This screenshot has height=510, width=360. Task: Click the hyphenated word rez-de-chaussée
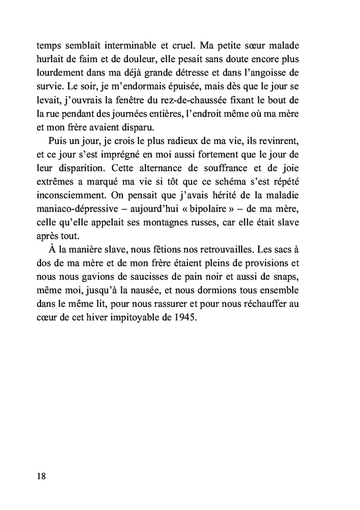(206, 95)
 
